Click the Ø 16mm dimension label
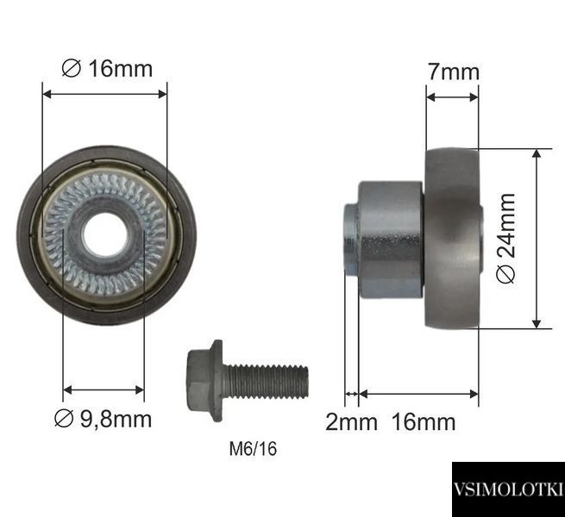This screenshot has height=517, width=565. pos(107,68)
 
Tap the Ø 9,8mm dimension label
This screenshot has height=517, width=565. pos(103,419)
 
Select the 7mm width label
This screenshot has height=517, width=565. pos(454,72)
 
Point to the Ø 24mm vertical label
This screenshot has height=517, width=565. pos(505,238)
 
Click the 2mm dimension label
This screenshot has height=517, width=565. pos(351,421)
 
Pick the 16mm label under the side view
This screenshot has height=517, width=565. pos(424,421)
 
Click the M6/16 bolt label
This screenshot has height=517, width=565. pos(253,449)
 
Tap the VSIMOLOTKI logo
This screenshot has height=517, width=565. pos(508,489)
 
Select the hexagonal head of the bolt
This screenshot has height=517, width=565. pos(205,381)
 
